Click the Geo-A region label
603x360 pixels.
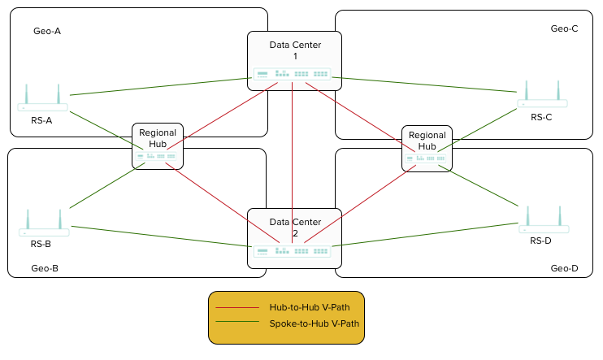(x=47, y=32)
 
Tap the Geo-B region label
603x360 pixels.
(x=45, y=267)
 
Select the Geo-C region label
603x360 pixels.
(x=564, y=28)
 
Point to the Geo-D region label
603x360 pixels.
(x=564, y=268)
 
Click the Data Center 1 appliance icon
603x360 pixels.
(x=292, y=75)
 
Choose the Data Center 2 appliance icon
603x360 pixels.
(x=292, y=251)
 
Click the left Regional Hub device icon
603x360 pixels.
(x=158, y=156)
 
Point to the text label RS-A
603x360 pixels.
(x=41, y=121)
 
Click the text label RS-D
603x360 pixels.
(x=540, y=241)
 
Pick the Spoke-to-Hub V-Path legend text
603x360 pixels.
(x=315, y=323)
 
